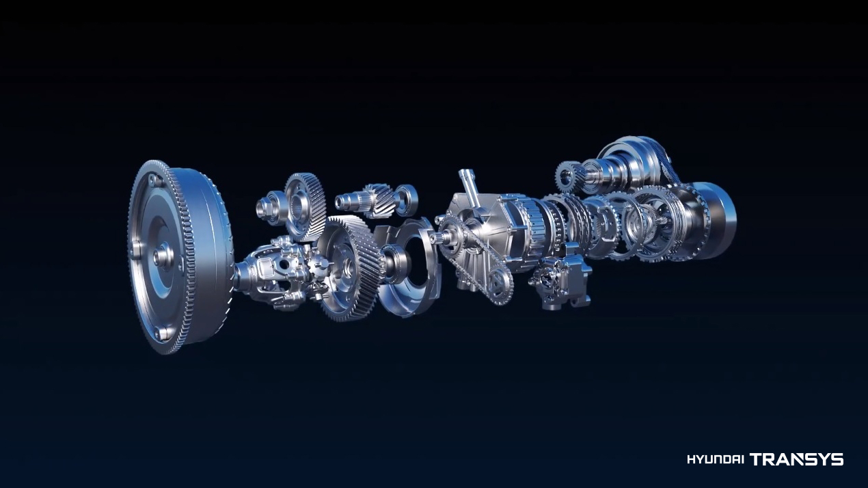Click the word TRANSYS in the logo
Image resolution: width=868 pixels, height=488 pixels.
[x=797, y=459]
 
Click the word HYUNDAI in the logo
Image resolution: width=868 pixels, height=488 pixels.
[x=716, y=460]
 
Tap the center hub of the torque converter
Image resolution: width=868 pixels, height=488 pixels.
[x=163, y=256]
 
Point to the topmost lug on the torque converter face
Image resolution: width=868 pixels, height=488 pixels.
[x=152, y=180]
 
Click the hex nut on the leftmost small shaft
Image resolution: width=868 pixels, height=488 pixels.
[x=262, y=206]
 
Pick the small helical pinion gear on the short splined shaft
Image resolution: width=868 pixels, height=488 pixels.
[x=379, y=200]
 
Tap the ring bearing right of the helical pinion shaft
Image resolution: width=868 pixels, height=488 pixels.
[x=407, y=200]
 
